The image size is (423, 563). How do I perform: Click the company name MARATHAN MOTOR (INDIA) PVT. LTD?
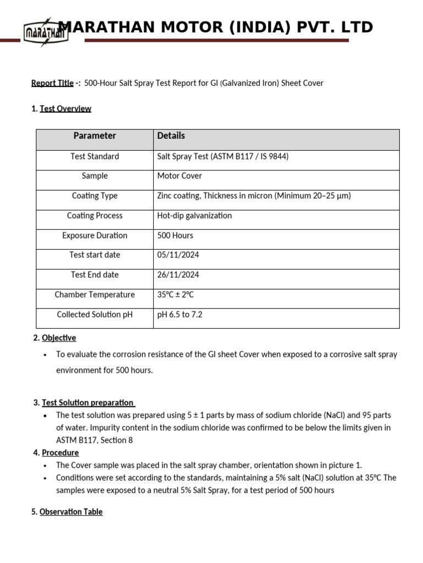216,27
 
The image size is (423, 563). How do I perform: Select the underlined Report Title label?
52,83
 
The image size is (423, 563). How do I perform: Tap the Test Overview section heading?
65,109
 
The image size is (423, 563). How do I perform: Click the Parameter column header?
95,136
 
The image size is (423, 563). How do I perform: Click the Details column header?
171,136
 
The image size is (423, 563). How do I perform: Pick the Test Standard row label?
95,157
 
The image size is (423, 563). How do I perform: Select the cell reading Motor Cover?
180,176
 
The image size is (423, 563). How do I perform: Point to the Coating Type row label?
95,196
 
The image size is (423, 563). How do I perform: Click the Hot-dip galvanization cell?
194,216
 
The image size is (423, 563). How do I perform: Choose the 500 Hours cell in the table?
175,235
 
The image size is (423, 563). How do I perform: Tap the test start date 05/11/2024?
178,255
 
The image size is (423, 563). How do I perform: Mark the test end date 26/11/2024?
178,275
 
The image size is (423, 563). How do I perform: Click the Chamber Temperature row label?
95,295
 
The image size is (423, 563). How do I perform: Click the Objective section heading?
58,338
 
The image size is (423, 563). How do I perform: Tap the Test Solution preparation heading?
88,403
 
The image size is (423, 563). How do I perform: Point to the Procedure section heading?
60,453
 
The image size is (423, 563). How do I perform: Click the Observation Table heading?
70,512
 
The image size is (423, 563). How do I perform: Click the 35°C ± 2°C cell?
176,295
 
